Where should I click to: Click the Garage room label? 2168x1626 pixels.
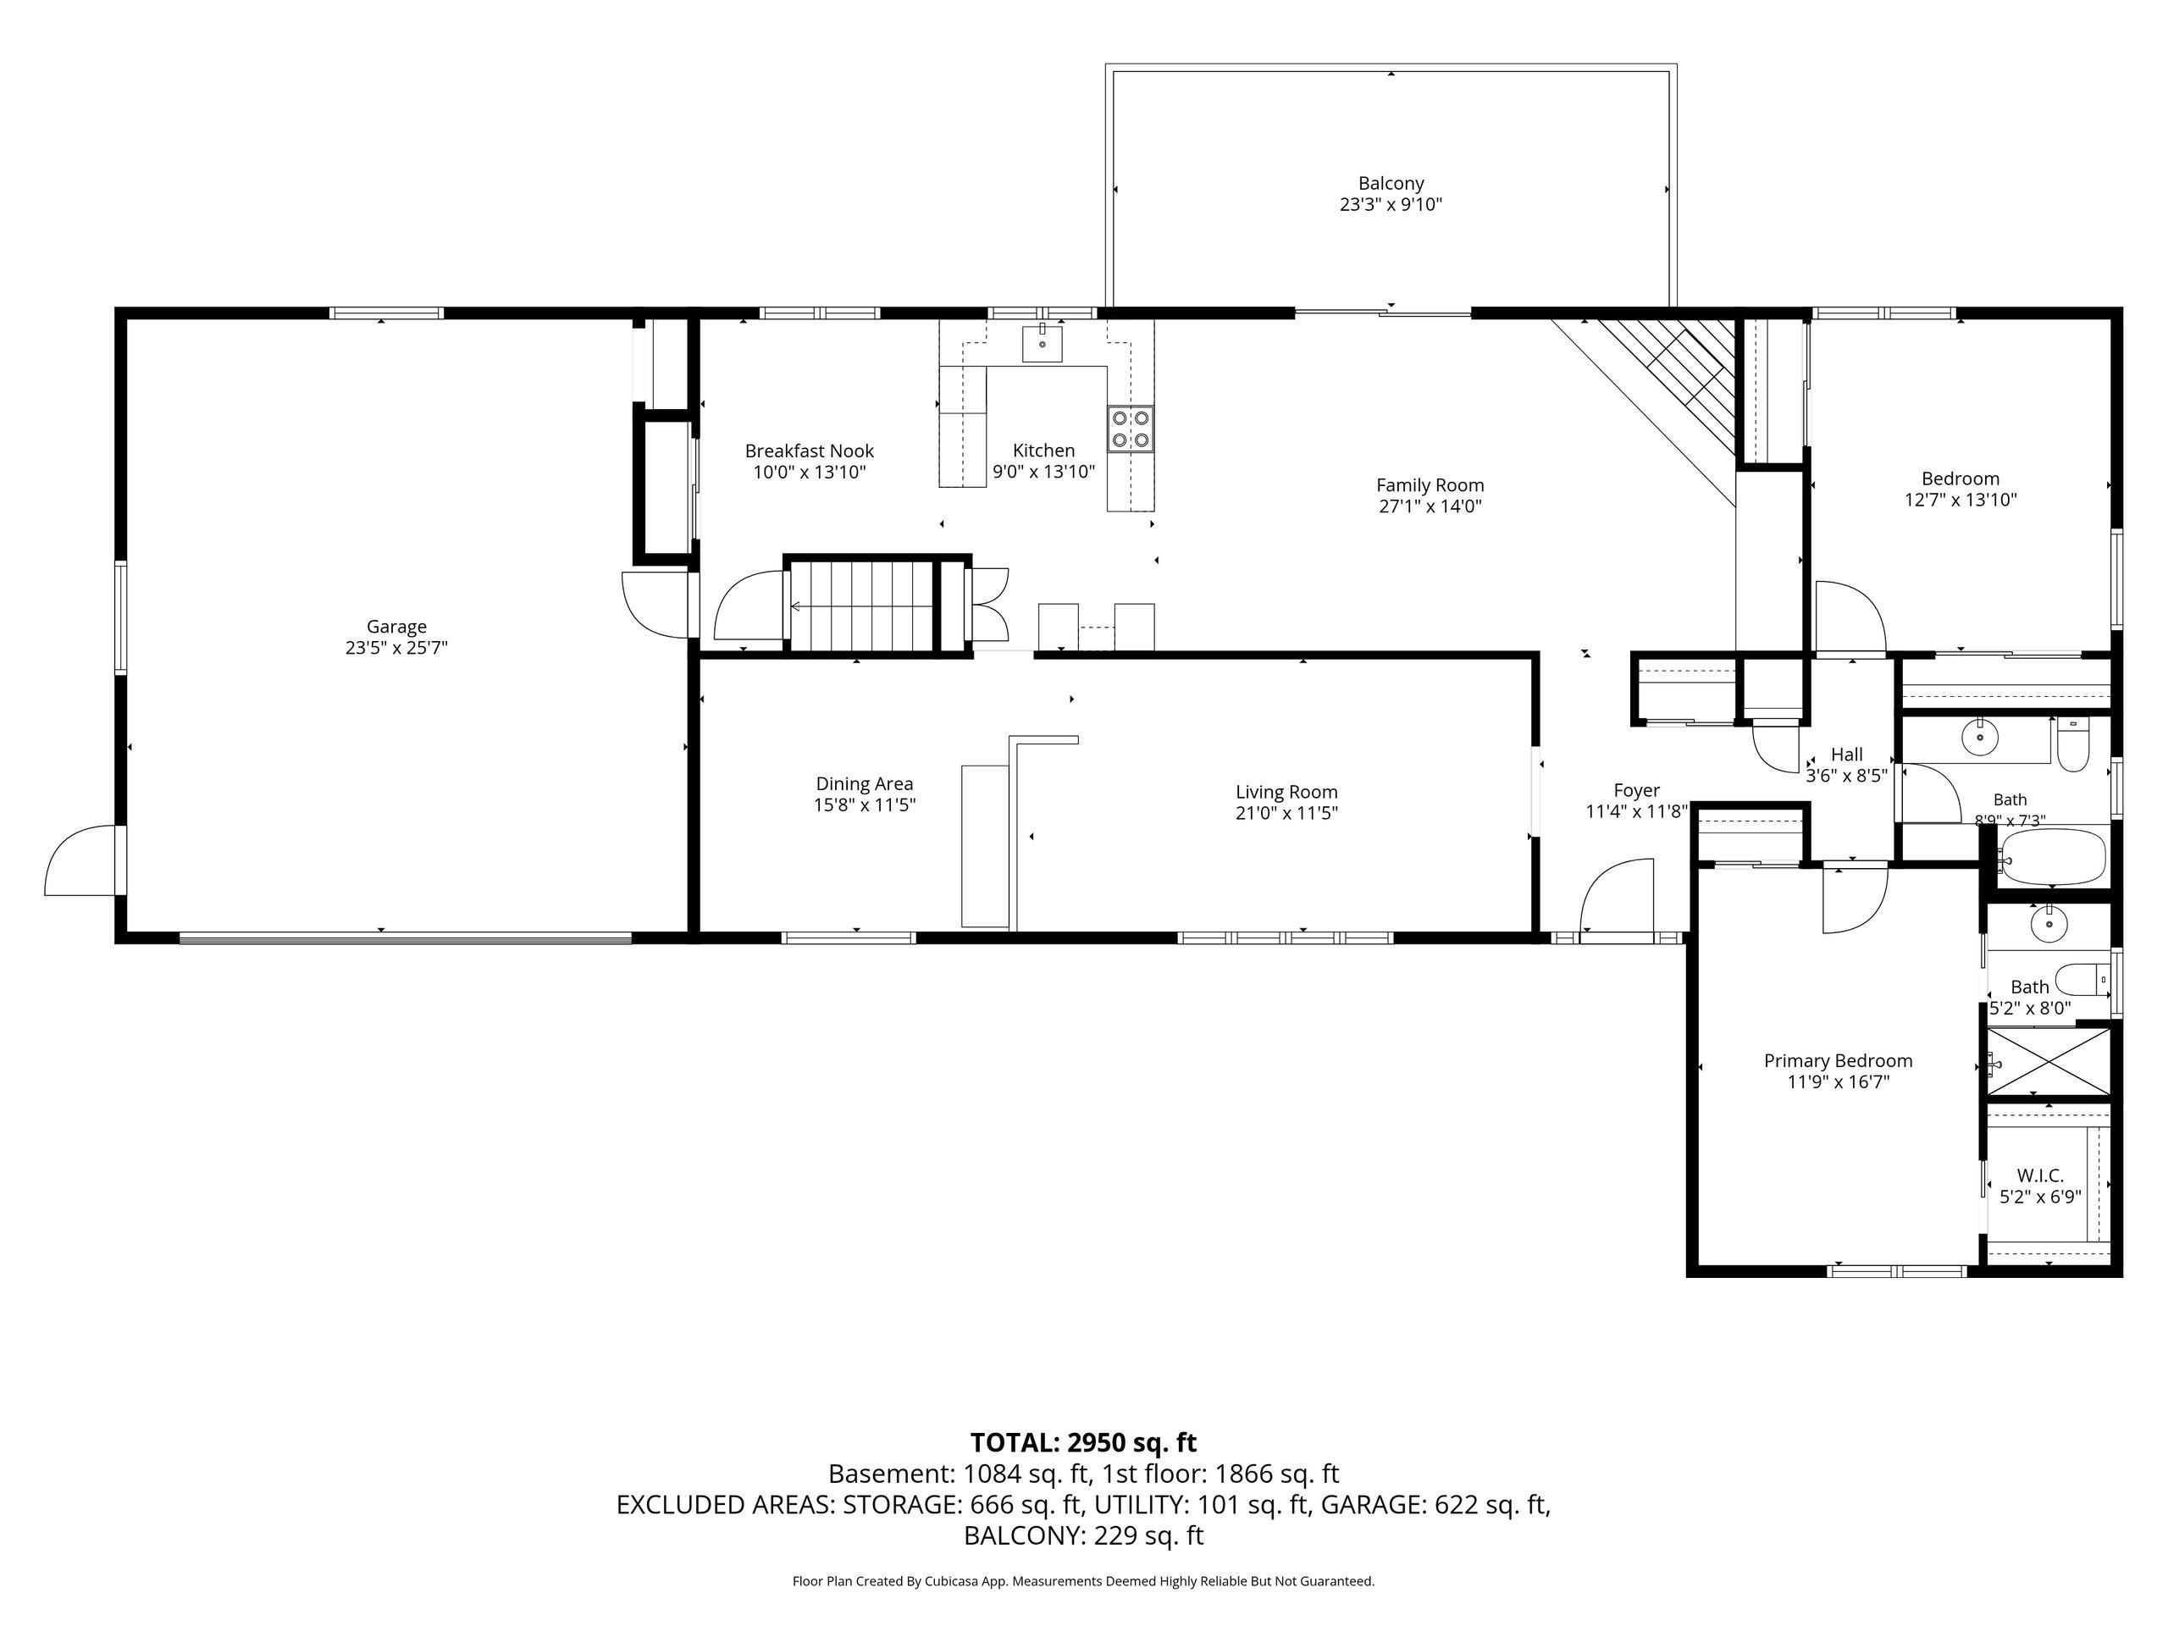pyautogui.click(x=396, y=627)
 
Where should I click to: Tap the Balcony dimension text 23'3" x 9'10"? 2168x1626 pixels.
pyautogui.click(x=1391, y=205)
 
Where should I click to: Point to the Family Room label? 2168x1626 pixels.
pyautogui.click(x=1430, y=485)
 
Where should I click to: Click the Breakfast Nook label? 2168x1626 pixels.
pyautogui.click(x=809, y=451)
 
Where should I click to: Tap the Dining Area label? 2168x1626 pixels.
pyautogui.click(x=865, y=784)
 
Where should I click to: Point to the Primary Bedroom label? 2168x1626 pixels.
pyautogui.click(x=1838, y=1060)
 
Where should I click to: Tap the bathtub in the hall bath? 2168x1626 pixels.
pyautogui.click(x=2052, y=859)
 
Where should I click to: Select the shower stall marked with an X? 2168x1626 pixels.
pyautogui.click(x=2049, y=1060)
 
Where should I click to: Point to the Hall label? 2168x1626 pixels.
pyautogui.click(x=1846, y=755)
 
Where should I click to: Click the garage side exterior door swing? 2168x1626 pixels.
pyautogui.click(x=81, y=860)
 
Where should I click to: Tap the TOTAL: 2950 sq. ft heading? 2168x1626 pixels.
pyautogui.click(x=1083, y=1443)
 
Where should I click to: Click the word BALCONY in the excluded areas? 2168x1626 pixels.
pyautogui.click(x=1020, y=1536)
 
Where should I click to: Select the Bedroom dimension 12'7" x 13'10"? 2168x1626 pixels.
pyautogui.click(x=1961, y=500)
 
